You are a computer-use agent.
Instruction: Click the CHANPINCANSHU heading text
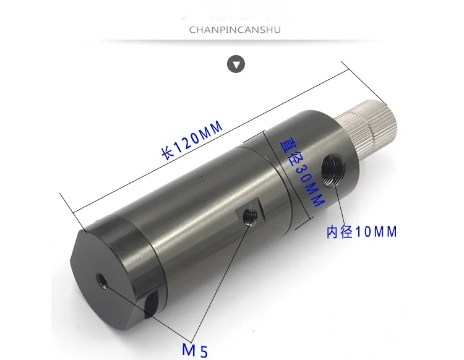point(234,30)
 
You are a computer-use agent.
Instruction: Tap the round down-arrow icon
point(236,64)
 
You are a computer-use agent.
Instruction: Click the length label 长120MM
point(192,140)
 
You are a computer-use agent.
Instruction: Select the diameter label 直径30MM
point(302,173)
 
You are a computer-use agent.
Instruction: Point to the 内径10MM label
point(362,232)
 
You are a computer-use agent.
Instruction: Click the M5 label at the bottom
point(195,350)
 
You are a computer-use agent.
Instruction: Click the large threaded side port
point(333,169)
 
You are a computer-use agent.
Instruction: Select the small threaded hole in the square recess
point(250,217)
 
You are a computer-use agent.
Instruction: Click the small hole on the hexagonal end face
point(101,281)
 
